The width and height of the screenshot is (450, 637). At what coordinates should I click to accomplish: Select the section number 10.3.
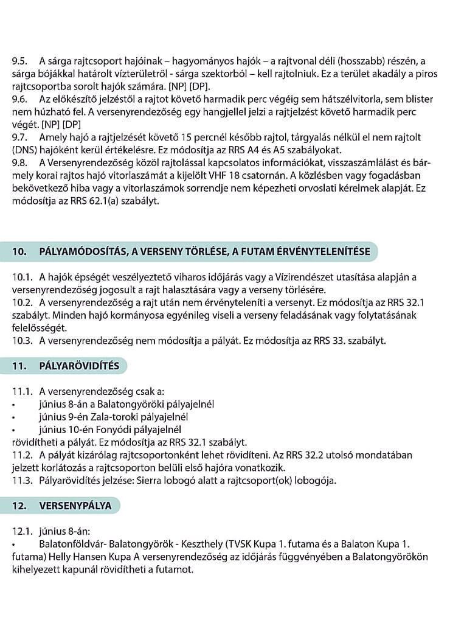tap(21, 340)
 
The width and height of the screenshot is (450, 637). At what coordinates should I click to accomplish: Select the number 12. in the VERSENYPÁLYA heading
tap(22, 506)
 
